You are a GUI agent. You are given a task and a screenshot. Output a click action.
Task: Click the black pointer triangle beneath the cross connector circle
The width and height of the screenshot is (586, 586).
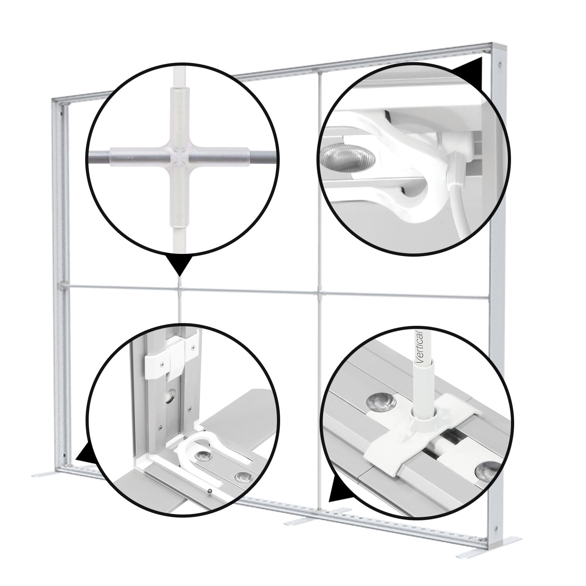tap(179, 264)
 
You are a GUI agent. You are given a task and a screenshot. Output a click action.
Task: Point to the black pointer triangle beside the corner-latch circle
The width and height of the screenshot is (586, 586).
tap(86, 453)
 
